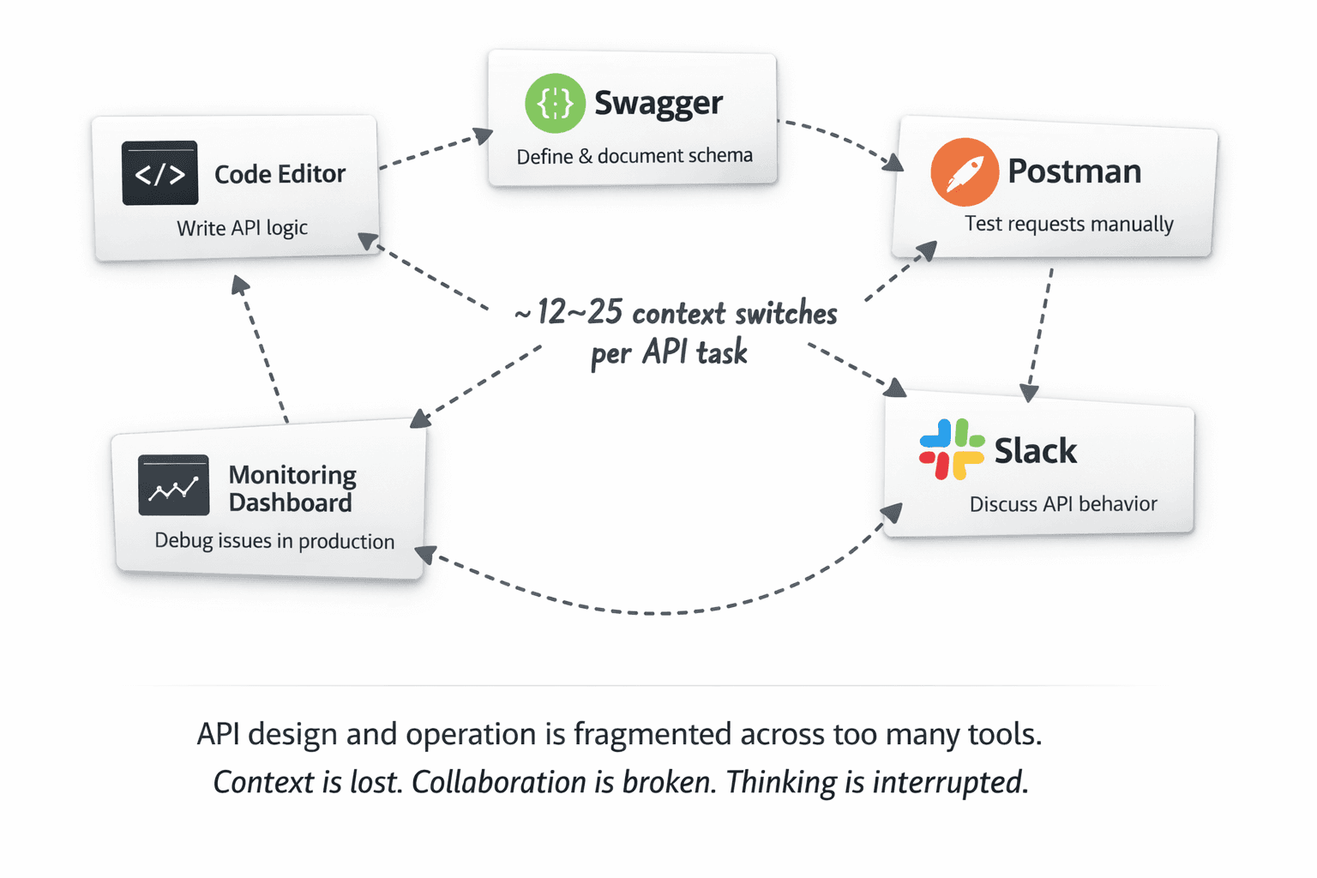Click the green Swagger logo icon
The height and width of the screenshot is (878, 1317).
click(x=555, y=103)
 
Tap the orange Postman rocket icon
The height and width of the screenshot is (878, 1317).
click(x=965, y=172)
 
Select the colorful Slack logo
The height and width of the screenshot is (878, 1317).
click(x=951, y=449)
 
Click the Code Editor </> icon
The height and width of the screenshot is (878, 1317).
click(x=160, y=173)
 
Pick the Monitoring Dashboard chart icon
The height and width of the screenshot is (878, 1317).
click(x=174, y=485)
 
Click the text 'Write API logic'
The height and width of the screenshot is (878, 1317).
click(x=242, y=228)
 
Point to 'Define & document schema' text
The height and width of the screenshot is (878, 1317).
click(x=634, y=156)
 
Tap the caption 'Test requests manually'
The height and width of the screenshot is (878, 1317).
click(x=1068, y=224)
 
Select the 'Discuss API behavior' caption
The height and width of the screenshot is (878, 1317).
click(x=1063, y=504)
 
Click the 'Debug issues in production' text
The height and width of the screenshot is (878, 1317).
click(x=274, y=541)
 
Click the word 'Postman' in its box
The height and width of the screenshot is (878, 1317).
click(x=1074, y=171)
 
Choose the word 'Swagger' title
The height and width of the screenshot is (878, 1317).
click(x=658, y=103)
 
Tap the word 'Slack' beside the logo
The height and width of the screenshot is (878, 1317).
click(x=1035, y=451)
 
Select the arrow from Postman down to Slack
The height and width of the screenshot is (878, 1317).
click(x=1039, y=334)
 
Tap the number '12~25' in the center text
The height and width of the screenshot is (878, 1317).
click(x=579, y=312)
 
